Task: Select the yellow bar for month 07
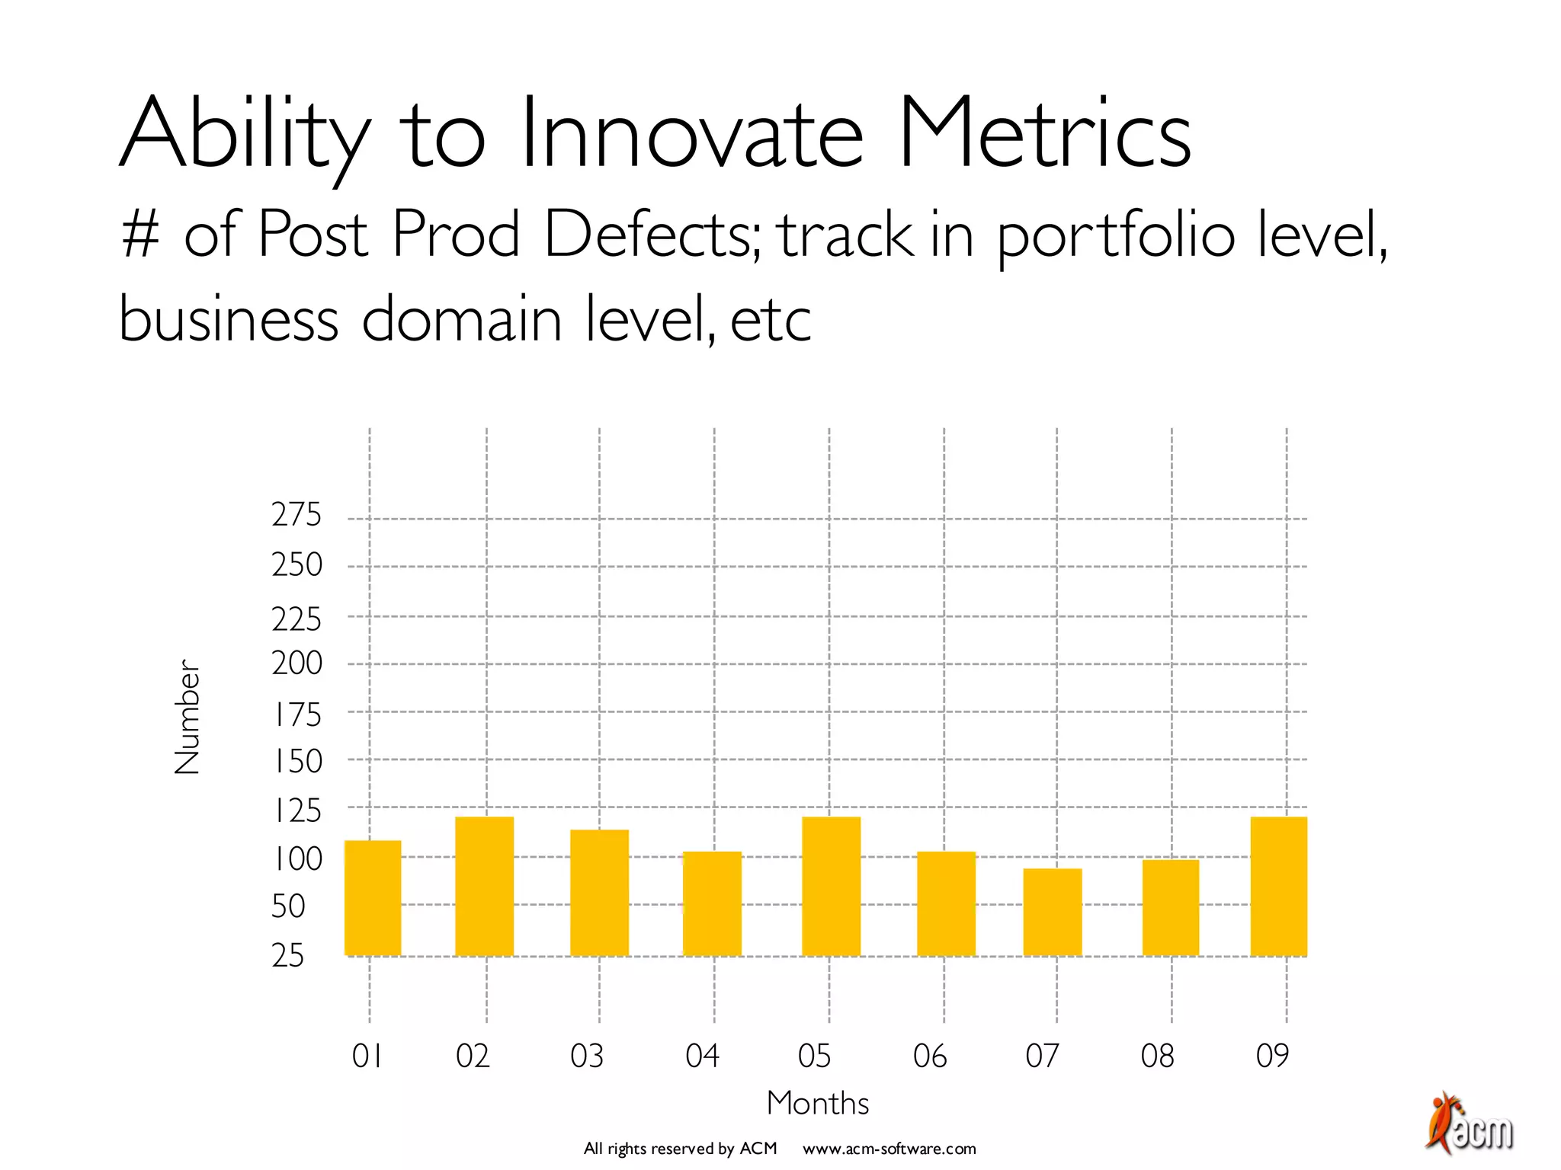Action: [1052, 912]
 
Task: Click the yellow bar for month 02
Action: [484, 886]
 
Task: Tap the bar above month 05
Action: [831, 886]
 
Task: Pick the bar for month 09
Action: [1278, 886]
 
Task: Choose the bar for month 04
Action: [712, 903]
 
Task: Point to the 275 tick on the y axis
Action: [296, 516]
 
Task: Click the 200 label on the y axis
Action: [296, 663]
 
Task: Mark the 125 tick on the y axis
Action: [296, 811]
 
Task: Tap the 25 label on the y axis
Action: [287, 955]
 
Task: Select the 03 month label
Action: [587, 1057]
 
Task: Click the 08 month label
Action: [1157, 1057]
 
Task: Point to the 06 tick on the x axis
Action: [930, 1057]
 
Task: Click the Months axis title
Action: [817, 1103]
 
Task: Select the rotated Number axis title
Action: [187, 717]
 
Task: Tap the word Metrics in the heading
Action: [1044, 133]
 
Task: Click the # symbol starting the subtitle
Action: [140, 234]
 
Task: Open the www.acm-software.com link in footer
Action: [889, 1149]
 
